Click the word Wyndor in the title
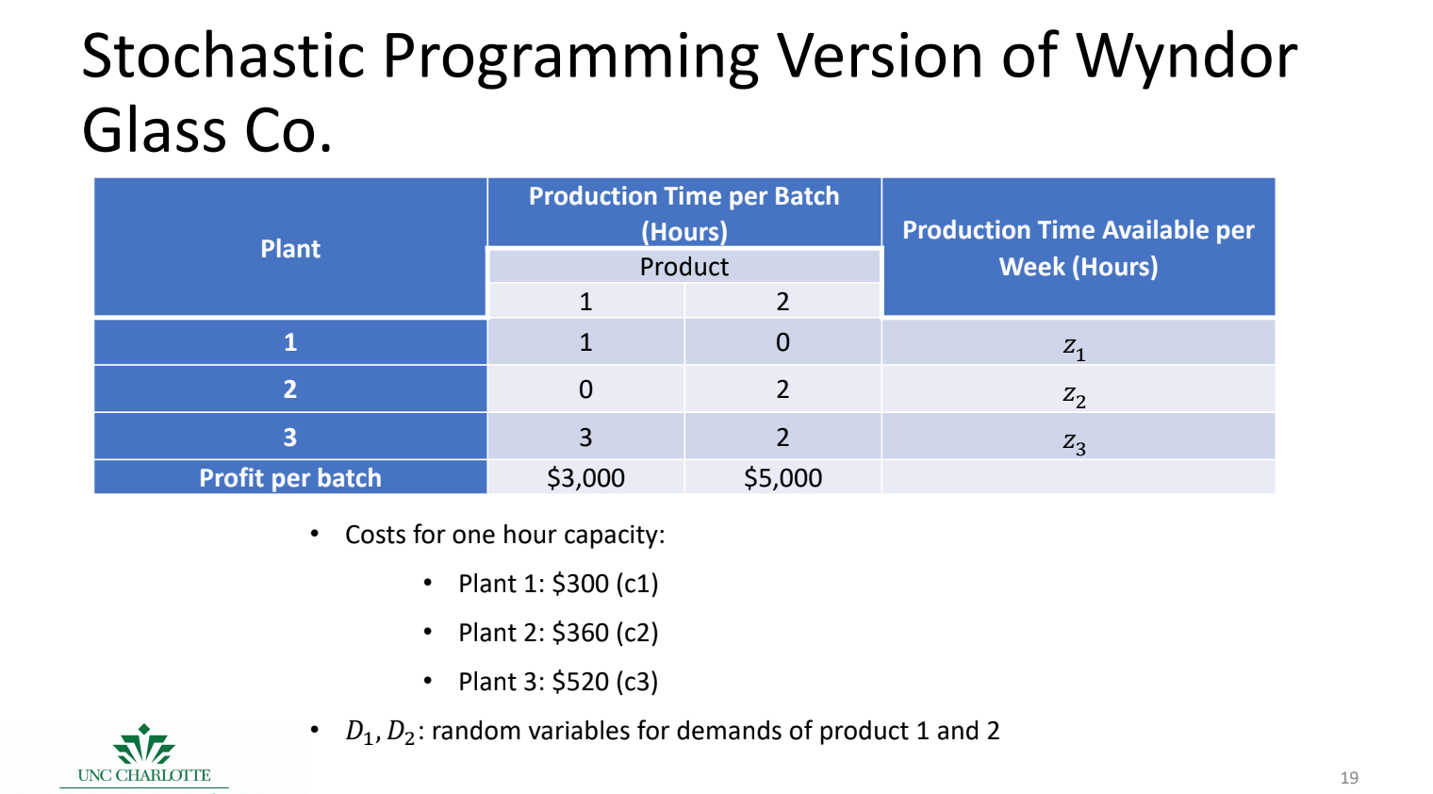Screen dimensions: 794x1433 [1186, 57]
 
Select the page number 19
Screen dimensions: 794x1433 [1349, 778]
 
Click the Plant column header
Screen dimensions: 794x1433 [290, 249]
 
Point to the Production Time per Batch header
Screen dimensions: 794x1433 [684, 213]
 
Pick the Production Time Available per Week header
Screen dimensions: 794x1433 [1078, 248]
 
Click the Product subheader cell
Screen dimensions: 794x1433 [684, 267]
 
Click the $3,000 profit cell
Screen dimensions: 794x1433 [585, 478]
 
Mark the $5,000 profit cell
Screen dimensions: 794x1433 [782, 478]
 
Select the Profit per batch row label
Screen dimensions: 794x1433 [290, 478]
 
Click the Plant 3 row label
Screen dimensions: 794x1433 [290, 438]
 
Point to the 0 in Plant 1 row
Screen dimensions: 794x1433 [782, 342]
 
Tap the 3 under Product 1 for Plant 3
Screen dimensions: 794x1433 [585, 438]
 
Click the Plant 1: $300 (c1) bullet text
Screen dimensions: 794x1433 [558, 584]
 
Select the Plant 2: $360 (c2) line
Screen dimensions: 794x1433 [558, 633]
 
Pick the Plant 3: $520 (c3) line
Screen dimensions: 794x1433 [558, 682]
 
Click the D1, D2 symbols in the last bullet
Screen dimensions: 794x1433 [380, 732]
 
